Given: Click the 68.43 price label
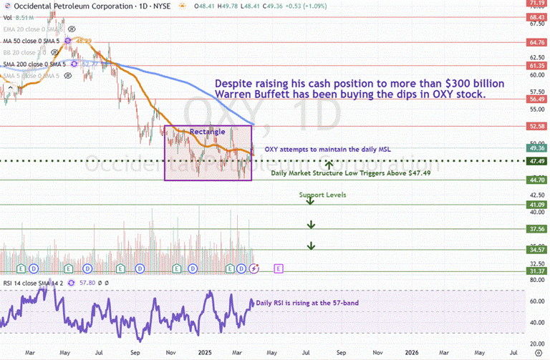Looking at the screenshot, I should (x=536, y=16).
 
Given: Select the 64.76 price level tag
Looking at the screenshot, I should (x=536, y=42).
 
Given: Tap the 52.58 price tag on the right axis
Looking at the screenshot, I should (x=536, y=126).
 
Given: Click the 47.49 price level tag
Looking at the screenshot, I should (x=536, y=161).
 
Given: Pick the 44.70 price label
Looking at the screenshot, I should (x=536, y=180).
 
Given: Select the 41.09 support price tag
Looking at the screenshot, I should (x=536, y=205).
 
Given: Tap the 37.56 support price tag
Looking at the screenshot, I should (x=536, y=229).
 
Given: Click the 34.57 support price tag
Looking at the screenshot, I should (x=536, y=250).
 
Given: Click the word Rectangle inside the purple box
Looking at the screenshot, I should (x=207, y=132).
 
